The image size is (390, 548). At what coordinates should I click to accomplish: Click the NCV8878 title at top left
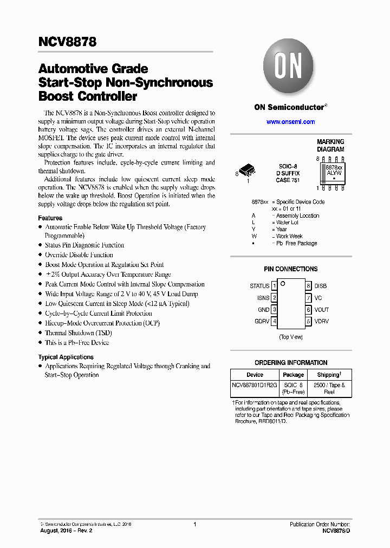67,41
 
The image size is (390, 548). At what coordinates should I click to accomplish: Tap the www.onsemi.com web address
290,122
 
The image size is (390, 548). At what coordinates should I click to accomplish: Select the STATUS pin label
259,286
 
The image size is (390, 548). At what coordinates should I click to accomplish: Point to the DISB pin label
321,286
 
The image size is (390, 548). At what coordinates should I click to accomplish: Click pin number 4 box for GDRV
275,322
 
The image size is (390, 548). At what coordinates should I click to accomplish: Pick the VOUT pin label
322,310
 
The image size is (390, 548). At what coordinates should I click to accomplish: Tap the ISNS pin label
263,298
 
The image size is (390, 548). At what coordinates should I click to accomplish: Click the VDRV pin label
322,322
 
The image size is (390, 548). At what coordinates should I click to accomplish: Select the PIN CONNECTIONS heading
290,269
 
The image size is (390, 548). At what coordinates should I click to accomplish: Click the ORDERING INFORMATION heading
291,363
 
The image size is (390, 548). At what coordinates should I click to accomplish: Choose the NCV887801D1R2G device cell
255,385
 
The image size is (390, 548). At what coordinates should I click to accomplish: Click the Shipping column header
329,374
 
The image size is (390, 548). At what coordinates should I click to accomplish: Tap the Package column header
293,374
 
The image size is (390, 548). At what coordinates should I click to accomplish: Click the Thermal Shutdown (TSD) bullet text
77,333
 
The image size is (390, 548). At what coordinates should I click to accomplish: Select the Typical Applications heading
66,357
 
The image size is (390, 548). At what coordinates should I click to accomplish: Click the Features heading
50,218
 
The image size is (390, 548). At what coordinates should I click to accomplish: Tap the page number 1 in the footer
194,524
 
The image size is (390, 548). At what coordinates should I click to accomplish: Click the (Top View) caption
290,337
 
